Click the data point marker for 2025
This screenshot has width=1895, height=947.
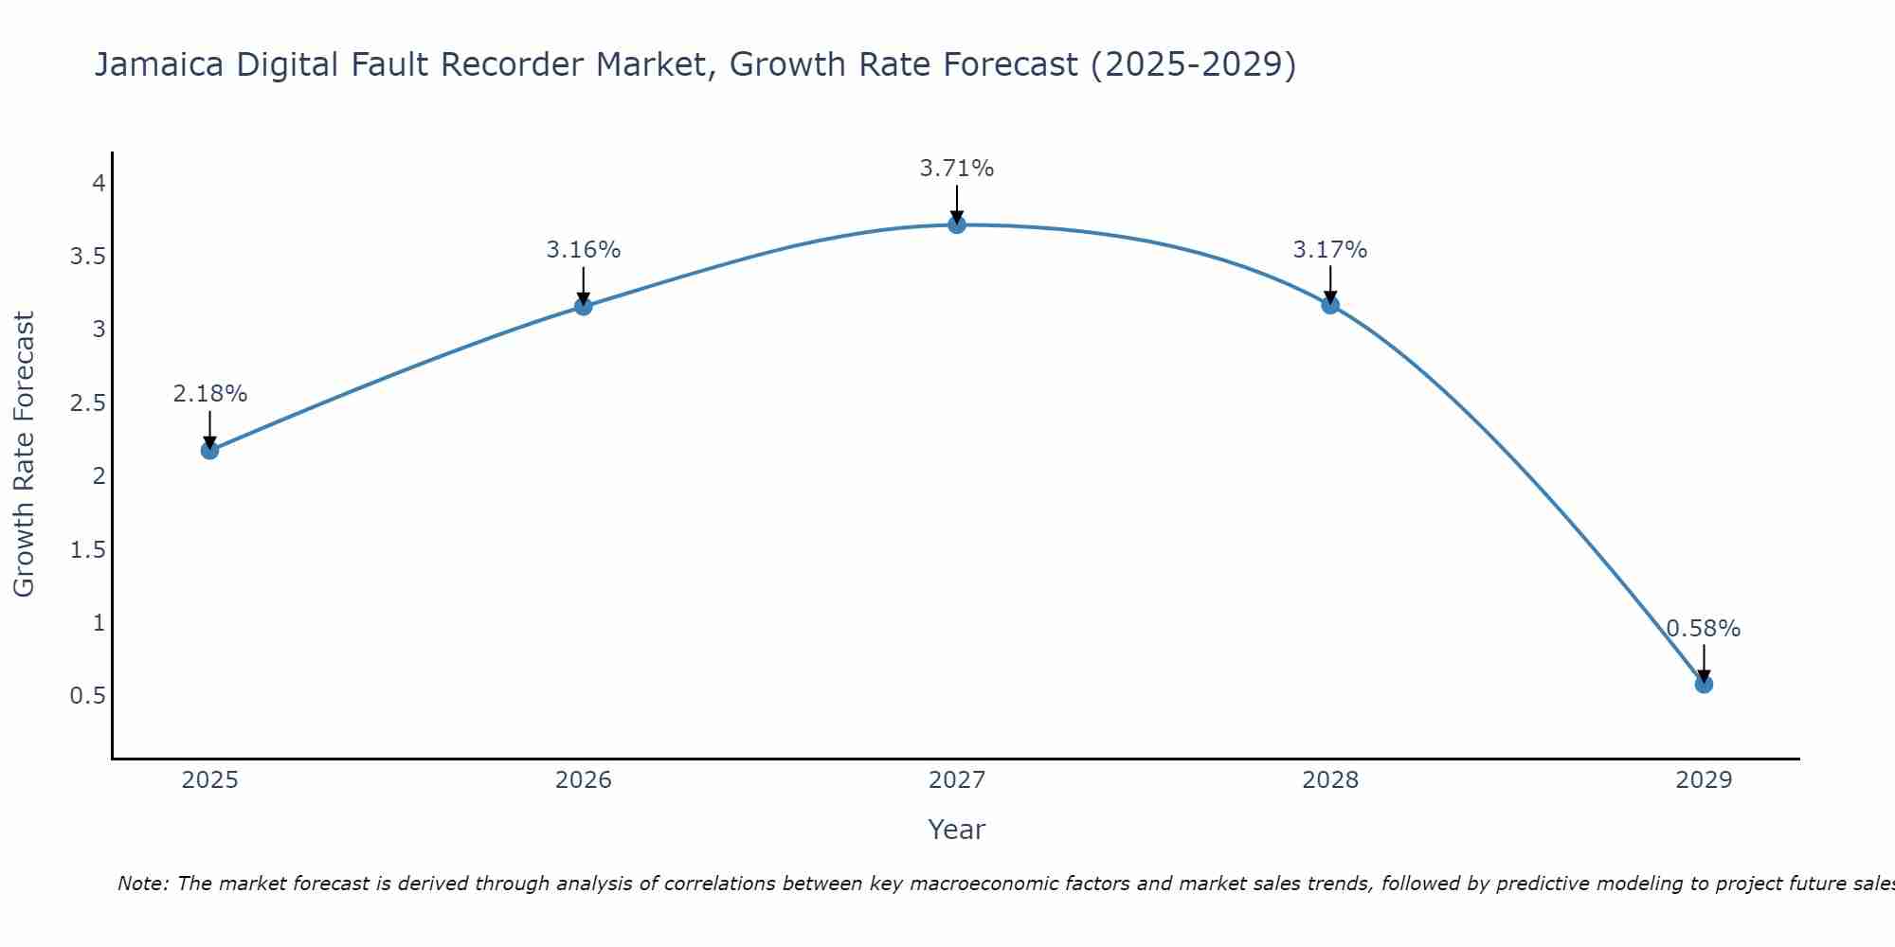pyautogui.click(x=210, y=450)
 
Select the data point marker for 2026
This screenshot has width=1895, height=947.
pyautogui.click(x=584, y=306)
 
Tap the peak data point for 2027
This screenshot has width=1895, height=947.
pyautogui.click(x=957, y=224)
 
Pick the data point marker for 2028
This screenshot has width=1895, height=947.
pyautogui.click(x=1330, y=305)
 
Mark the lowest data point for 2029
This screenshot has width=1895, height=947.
pyautogui.click(x=1704, y=684)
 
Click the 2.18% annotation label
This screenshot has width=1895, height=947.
pyautogui.click(x=210, y=394)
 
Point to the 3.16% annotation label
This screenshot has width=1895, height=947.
pyautogui.click(x=584, y=250)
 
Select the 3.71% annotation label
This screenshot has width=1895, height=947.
pyautogui.click(x=957, y=169)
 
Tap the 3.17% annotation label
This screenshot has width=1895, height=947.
pyautogui.click(x=1330, y=250)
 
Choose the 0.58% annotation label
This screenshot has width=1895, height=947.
pyautogui.click(x=1704, y=629)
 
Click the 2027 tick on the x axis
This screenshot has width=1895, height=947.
pyautogui.click(x=957, y=780)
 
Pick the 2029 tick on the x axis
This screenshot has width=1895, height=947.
pyautogui.click(x=1704, y=780)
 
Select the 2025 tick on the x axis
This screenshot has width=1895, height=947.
pyautogui.click(x=210, y=780)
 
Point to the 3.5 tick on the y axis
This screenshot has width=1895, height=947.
pyautogui.click(x=87, y=257)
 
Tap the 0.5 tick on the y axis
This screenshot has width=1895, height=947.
pyautogui.click(x=87, y=696)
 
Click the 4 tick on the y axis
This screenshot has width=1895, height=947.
pyautogui.click(x=99, y=184)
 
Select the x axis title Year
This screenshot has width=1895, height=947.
pyautogui.click(x=957, y=830)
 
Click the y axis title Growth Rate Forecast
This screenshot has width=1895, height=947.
pyautogui.click(x=25, y=455)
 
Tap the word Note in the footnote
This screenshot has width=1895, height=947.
pyautogui.click(x=142, y=884)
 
